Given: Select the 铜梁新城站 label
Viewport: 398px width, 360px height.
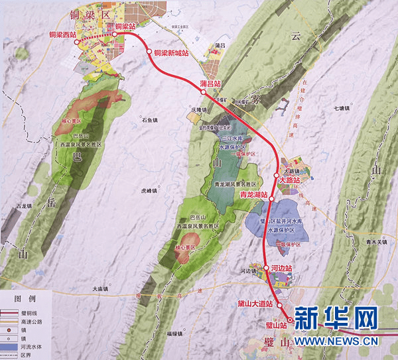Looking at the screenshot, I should [171, 52].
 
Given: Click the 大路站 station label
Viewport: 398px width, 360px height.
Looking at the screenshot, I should [289, 180].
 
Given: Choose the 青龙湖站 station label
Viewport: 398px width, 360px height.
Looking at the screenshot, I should [253, 195].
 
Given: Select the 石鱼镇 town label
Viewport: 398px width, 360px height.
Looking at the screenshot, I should [147, 120].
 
